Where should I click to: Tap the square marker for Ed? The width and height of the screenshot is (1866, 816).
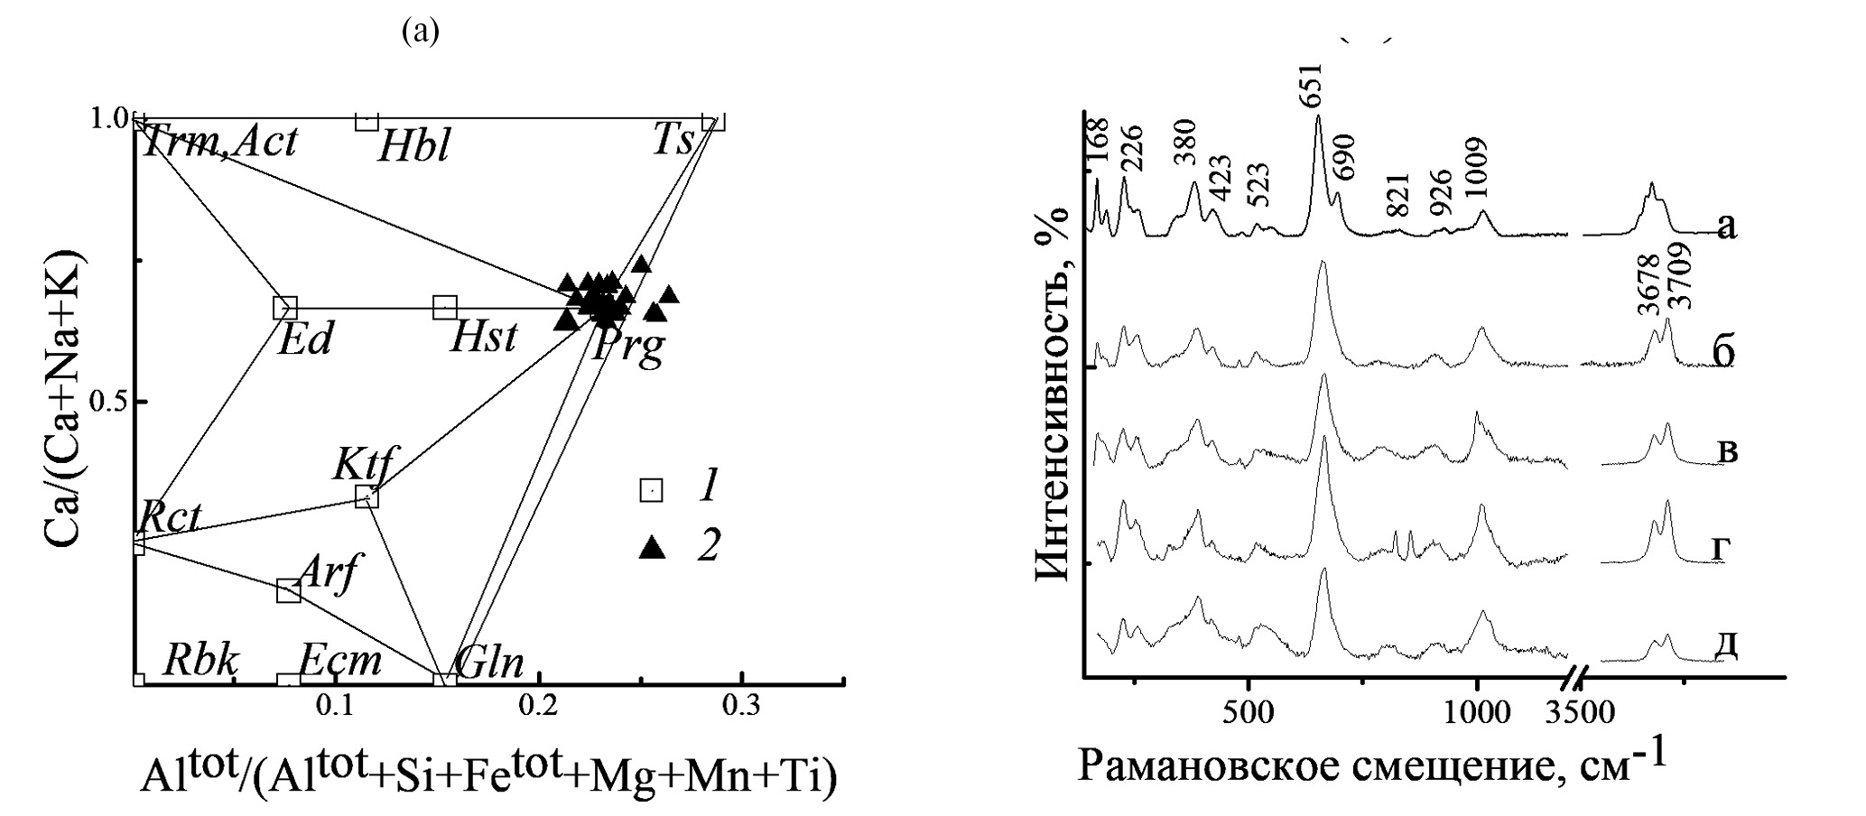coord(285,309)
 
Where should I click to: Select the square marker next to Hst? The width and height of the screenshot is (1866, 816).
coord(444,308)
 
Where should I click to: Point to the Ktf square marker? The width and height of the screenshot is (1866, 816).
coord(367,496)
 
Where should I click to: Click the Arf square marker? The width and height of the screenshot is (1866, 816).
coord(289,591)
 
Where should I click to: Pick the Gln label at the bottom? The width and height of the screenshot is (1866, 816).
coord(489,664)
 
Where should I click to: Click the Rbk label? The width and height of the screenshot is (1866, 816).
coord(200,662)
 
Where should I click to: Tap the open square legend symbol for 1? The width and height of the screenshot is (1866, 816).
coord(651,490)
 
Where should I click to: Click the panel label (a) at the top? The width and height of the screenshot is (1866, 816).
coord(421,32)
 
